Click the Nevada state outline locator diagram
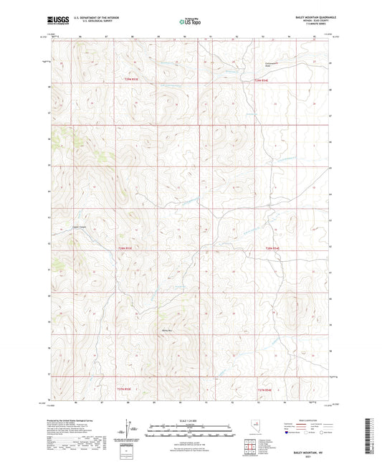point(256,428)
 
